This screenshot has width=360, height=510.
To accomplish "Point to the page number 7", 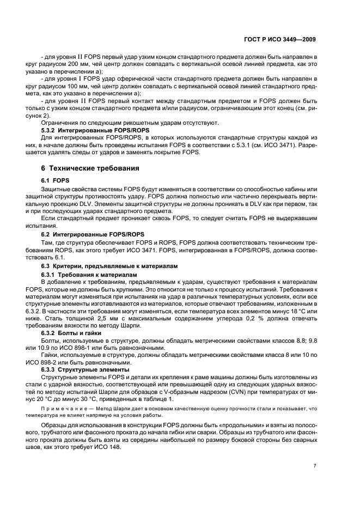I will pos(315,466).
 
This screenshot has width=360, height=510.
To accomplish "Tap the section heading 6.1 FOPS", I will pos(56,179).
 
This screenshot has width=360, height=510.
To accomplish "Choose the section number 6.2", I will pos(48,234).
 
